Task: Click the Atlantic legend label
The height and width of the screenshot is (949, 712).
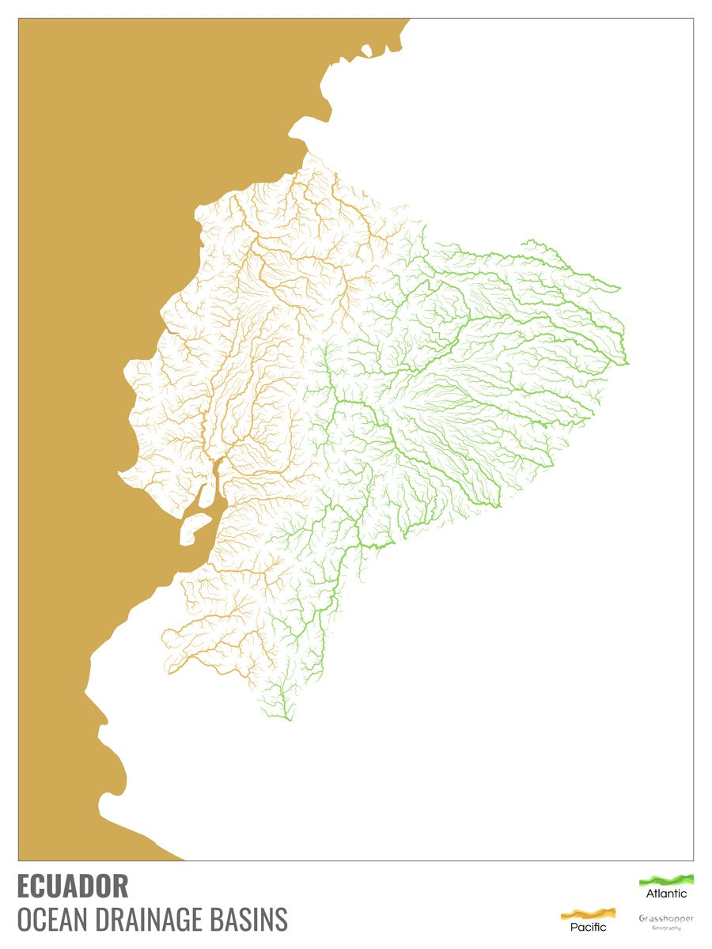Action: click(x=667, y=894)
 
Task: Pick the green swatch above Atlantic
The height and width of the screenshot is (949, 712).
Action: click(x=667, y=879)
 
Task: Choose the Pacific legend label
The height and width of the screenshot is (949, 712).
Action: click(x=589, y=927)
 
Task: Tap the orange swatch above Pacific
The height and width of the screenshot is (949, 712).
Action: click(x=589, y=913)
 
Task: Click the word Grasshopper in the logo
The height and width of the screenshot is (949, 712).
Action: click(x=666, y=918)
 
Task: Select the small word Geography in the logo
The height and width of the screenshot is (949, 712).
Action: click(x=666, y=928)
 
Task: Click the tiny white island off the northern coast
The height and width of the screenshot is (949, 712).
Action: click(x=366, y=51)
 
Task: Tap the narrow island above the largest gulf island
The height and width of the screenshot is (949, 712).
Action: click(x=206, y=495)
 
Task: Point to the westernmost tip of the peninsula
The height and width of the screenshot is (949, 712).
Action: click(x=119, y=475)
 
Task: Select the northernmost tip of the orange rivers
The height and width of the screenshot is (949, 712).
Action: click(x=309, y=154)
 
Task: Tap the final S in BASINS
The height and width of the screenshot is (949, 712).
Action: click(x=282, y=920)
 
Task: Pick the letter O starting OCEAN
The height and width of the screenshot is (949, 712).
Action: click(x=24, y=920)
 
